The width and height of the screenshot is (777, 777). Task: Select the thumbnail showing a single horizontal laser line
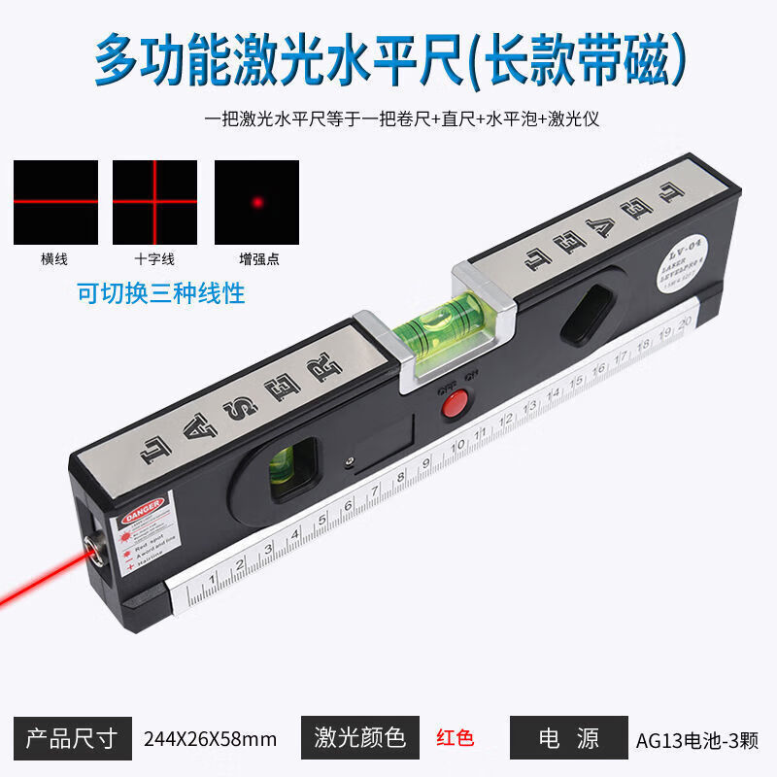[55, 202]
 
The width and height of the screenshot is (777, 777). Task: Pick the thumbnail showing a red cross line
[154, 202]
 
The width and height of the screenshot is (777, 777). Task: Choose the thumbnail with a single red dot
[256, 202]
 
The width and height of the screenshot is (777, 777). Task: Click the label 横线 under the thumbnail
[55, 259]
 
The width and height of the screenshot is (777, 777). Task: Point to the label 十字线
[154, 259]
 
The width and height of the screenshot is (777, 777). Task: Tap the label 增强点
[256, 259]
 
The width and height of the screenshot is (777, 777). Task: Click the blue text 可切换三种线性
[161, 292]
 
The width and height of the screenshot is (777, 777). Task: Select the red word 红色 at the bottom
[455, 738]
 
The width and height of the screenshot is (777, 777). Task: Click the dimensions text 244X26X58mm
[210, 739]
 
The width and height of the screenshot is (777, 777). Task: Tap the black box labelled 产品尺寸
[72, 738]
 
